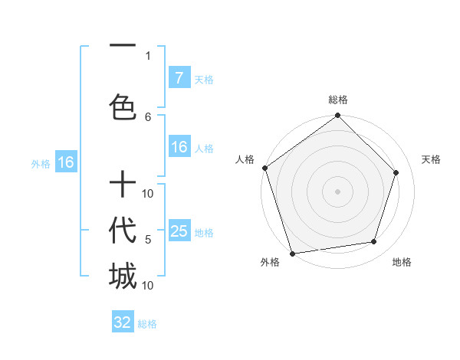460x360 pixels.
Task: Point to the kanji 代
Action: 122,230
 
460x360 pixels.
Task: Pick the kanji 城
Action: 122,277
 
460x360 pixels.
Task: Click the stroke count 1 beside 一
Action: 148,55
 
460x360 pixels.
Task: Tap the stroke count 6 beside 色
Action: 148,116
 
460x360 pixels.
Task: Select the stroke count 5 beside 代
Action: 148,240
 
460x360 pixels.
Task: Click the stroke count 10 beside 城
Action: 148,286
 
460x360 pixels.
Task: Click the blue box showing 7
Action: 179,77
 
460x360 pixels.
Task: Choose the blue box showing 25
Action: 179,231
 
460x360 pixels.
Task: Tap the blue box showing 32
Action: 123,322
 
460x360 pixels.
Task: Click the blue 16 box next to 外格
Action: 65,162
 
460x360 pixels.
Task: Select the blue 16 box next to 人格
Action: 179,147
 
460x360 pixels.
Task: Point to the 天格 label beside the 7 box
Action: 204,79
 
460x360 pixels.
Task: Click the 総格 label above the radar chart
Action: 338,100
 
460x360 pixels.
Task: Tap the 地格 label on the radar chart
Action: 402,263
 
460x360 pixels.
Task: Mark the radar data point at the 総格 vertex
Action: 338,116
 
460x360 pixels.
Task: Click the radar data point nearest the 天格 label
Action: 396,172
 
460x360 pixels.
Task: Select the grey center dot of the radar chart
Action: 338,191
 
